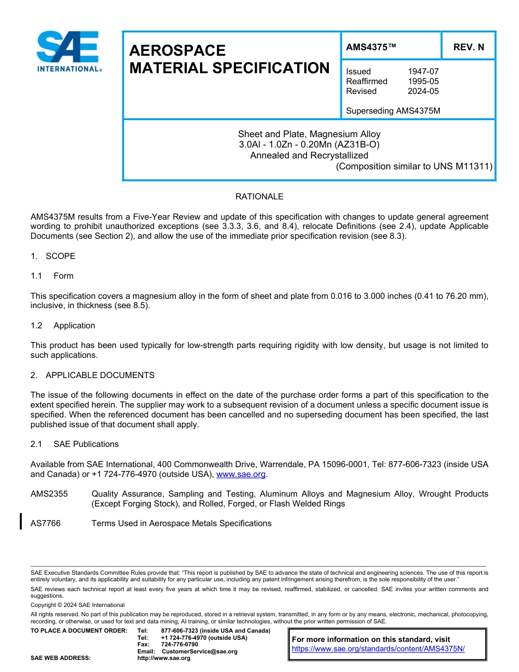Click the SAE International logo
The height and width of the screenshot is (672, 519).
68,52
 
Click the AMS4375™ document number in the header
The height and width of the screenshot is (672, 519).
371,47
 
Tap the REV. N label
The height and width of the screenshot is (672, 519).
468,47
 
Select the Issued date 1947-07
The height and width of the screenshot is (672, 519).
423,72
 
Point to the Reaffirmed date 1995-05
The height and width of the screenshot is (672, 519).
423,81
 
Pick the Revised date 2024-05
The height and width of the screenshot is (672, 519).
423,91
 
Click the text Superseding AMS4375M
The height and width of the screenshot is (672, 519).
393,111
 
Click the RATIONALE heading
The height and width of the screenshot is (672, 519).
259,197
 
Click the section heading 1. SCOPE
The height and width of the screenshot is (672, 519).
53,256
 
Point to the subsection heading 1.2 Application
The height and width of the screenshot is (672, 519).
63,326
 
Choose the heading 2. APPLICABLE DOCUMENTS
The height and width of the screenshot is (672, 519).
92,375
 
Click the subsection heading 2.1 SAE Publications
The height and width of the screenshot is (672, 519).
75,444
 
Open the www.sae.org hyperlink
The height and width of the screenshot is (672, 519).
240,474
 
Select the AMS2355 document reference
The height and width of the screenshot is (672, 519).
49,494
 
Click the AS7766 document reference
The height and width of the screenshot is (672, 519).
46,523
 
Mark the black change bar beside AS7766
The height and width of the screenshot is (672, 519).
21,522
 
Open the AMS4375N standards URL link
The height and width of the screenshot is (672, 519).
378,649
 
